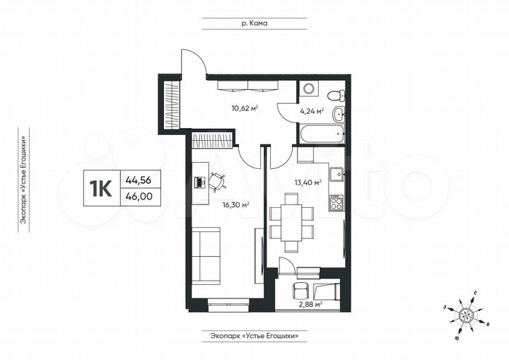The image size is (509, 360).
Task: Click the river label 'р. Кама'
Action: pos(254,23)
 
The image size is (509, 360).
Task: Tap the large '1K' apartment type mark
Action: pos(100,187)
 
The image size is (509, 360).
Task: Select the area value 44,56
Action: pos(139,180)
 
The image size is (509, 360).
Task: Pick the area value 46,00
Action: pos(139,197)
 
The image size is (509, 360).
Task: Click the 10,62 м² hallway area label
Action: pos(244,108)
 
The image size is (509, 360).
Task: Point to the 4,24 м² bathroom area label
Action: pos(311,111)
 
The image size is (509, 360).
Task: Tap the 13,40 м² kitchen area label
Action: pos(308,182)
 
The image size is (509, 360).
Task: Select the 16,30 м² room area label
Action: pos(236,205)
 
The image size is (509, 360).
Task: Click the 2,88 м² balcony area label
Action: pos(309,304)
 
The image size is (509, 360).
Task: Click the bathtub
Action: pos(321,133)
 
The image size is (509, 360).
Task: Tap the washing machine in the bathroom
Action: pos(308,90)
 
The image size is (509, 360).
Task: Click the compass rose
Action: pos(466,312)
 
